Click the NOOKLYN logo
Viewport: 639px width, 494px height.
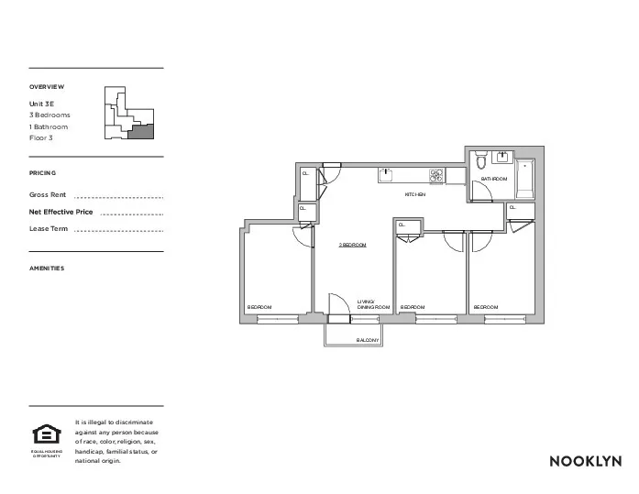(x=585, y=461)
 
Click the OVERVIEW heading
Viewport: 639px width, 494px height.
(x=47, y=87)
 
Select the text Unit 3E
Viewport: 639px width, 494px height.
(x=42, y=104)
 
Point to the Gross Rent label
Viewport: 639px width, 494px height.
(x=49, y=195)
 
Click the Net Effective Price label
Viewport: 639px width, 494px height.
(x=61, y=212)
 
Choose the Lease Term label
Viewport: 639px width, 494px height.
(x=49, y=228)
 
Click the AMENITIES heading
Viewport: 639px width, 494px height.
(x=47, y=269)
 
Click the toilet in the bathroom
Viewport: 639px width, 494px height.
(x=482, y=163)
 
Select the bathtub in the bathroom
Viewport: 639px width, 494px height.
(x=525, y=180)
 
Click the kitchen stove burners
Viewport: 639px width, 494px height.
(x=437, y=175)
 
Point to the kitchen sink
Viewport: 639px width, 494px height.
(x=387, y=174)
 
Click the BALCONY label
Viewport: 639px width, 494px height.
(x=368, y=340)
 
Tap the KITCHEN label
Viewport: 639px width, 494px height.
(x=415, y=195)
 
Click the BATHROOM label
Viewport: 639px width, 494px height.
(x=494, y=179)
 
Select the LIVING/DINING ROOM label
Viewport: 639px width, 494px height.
(x=373, y=304)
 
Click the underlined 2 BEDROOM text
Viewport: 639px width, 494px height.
(x=352, y=245)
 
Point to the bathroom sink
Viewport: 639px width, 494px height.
(x=502, y=156)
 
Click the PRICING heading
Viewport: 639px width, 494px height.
(x=42, y=173)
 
